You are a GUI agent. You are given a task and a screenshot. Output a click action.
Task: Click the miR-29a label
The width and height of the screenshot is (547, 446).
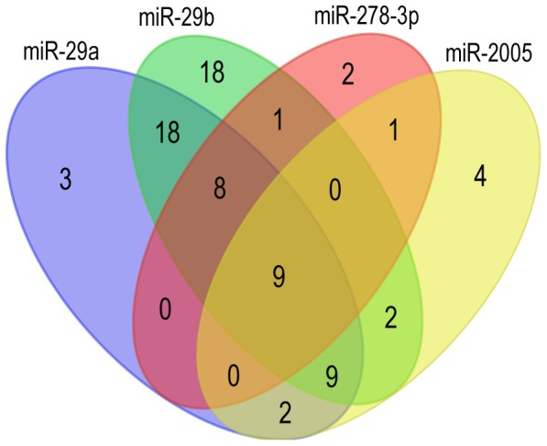61,52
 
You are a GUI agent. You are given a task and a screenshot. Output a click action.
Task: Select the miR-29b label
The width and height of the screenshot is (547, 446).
176,17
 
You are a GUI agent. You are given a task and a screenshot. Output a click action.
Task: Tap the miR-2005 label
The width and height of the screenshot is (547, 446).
488,53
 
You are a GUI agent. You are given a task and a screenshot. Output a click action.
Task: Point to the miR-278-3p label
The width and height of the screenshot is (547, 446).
366,17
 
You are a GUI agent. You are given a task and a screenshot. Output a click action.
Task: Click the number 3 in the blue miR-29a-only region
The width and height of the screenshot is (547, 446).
65,179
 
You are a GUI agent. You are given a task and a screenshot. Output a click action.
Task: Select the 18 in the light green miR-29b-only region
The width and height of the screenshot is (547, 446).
212,72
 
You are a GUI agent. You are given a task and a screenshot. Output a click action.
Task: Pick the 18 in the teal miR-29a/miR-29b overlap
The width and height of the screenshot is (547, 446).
168,132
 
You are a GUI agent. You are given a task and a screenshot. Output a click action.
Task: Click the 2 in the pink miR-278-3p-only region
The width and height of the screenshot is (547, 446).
348,73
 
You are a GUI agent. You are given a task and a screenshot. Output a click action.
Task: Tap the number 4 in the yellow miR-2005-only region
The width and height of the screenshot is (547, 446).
480,176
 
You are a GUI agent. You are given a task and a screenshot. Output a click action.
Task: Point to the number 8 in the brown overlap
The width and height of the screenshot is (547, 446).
220,188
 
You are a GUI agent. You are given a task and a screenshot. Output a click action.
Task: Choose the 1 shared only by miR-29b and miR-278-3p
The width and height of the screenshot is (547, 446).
278,120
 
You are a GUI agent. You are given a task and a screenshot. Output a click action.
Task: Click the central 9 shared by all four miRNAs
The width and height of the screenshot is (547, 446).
279,275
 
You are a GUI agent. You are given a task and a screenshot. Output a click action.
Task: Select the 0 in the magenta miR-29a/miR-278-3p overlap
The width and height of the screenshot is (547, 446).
165,308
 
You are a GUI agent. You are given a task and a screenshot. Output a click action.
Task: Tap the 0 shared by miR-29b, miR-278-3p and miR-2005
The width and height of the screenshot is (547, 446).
335,190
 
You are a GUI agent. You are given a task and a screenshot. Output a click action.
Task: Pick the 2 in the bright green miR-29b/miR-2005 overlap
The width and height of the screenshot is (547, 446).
390,317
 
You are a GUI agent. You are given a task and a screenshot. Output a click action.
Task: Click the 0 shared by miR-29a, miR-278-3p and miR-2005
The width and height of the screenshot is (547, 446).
234,375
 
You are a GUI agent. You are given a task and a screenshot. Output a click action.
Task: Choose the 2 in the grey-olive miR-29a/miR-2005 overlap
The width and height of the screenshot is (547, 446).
285,413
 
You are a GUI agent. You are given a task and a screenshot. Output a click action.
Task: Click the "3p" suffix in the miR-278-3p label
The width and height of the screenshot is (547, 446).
407,17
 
